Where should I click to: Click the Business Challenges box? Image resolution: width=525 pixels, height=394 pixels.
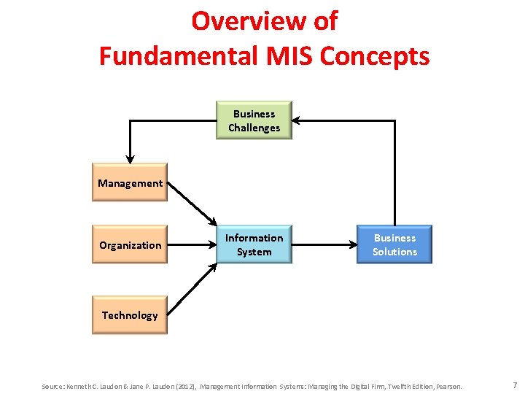(254, 120)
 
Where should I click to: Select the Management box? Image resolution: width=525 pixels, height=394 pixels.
(130, 183)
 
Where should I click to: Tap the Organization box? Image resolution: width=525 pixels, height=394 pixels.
(130, 245)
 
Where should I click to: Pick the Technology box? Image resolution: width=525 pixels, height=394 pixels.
(130, 315)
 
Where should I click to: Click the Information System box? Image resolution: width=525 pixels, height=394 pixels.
(254, 244)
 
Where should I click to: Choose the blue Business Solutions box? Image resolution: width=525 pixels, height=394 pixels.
(394, 244)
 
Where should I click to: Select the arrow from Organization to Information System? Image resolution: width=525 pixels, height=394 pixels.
(191, 245)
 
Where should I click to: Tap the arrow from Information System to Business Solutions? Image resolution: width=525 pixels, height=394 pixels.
(323, 245)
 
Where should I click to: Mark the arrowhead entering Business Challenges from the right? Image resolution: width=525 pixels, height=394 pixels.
(297, 120)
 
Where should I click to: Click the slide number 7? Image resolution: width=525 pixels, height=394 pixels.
(514, 385)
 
